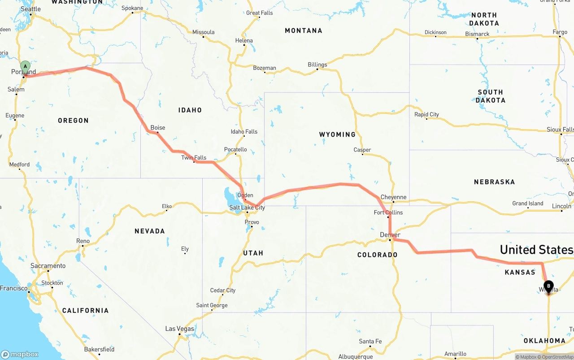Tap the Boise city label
tap(157, 128)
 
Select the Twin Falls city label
tap(194, 158)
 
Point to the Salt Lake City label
tap(247, 208)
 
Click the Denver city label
tap(390, 235)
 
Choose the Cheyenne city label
tap(393, 197)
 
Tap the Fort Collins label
tap(388, 213)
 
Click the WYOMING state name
tap(337, 134)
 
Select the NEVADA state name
tap(150, 231)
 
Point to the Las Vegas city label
tap(179, 329)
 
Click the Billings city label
tap(317, 65)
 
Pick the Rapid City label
tap(426, 114)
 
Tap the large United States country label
tap(536, 250)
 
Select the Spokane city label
tap(132, 8)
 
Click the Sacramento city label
tap(48, 266)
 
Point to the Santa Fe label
tap(370, 342)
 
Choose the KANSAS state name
tap(520, 272)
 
